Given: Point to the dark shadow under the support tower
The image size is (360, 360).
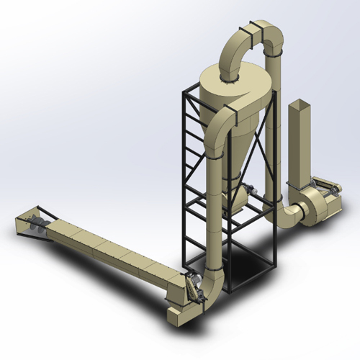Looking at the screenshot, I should (x=248, y=263).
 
